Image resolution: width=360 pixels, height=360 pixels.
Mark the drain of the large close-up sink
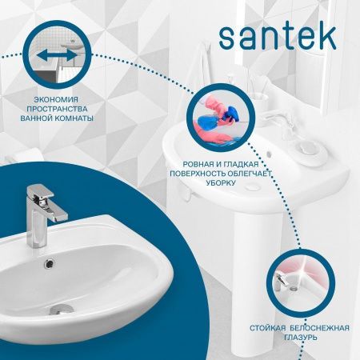[x=61, y=308]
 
